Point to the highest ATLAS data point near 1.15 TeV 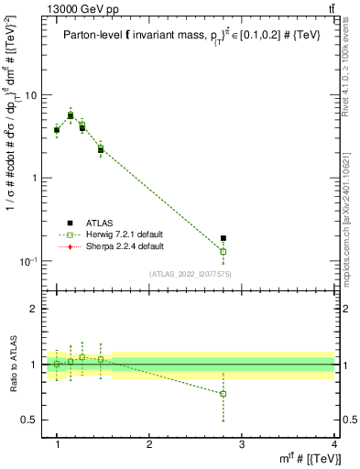[x=71, y=115]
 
